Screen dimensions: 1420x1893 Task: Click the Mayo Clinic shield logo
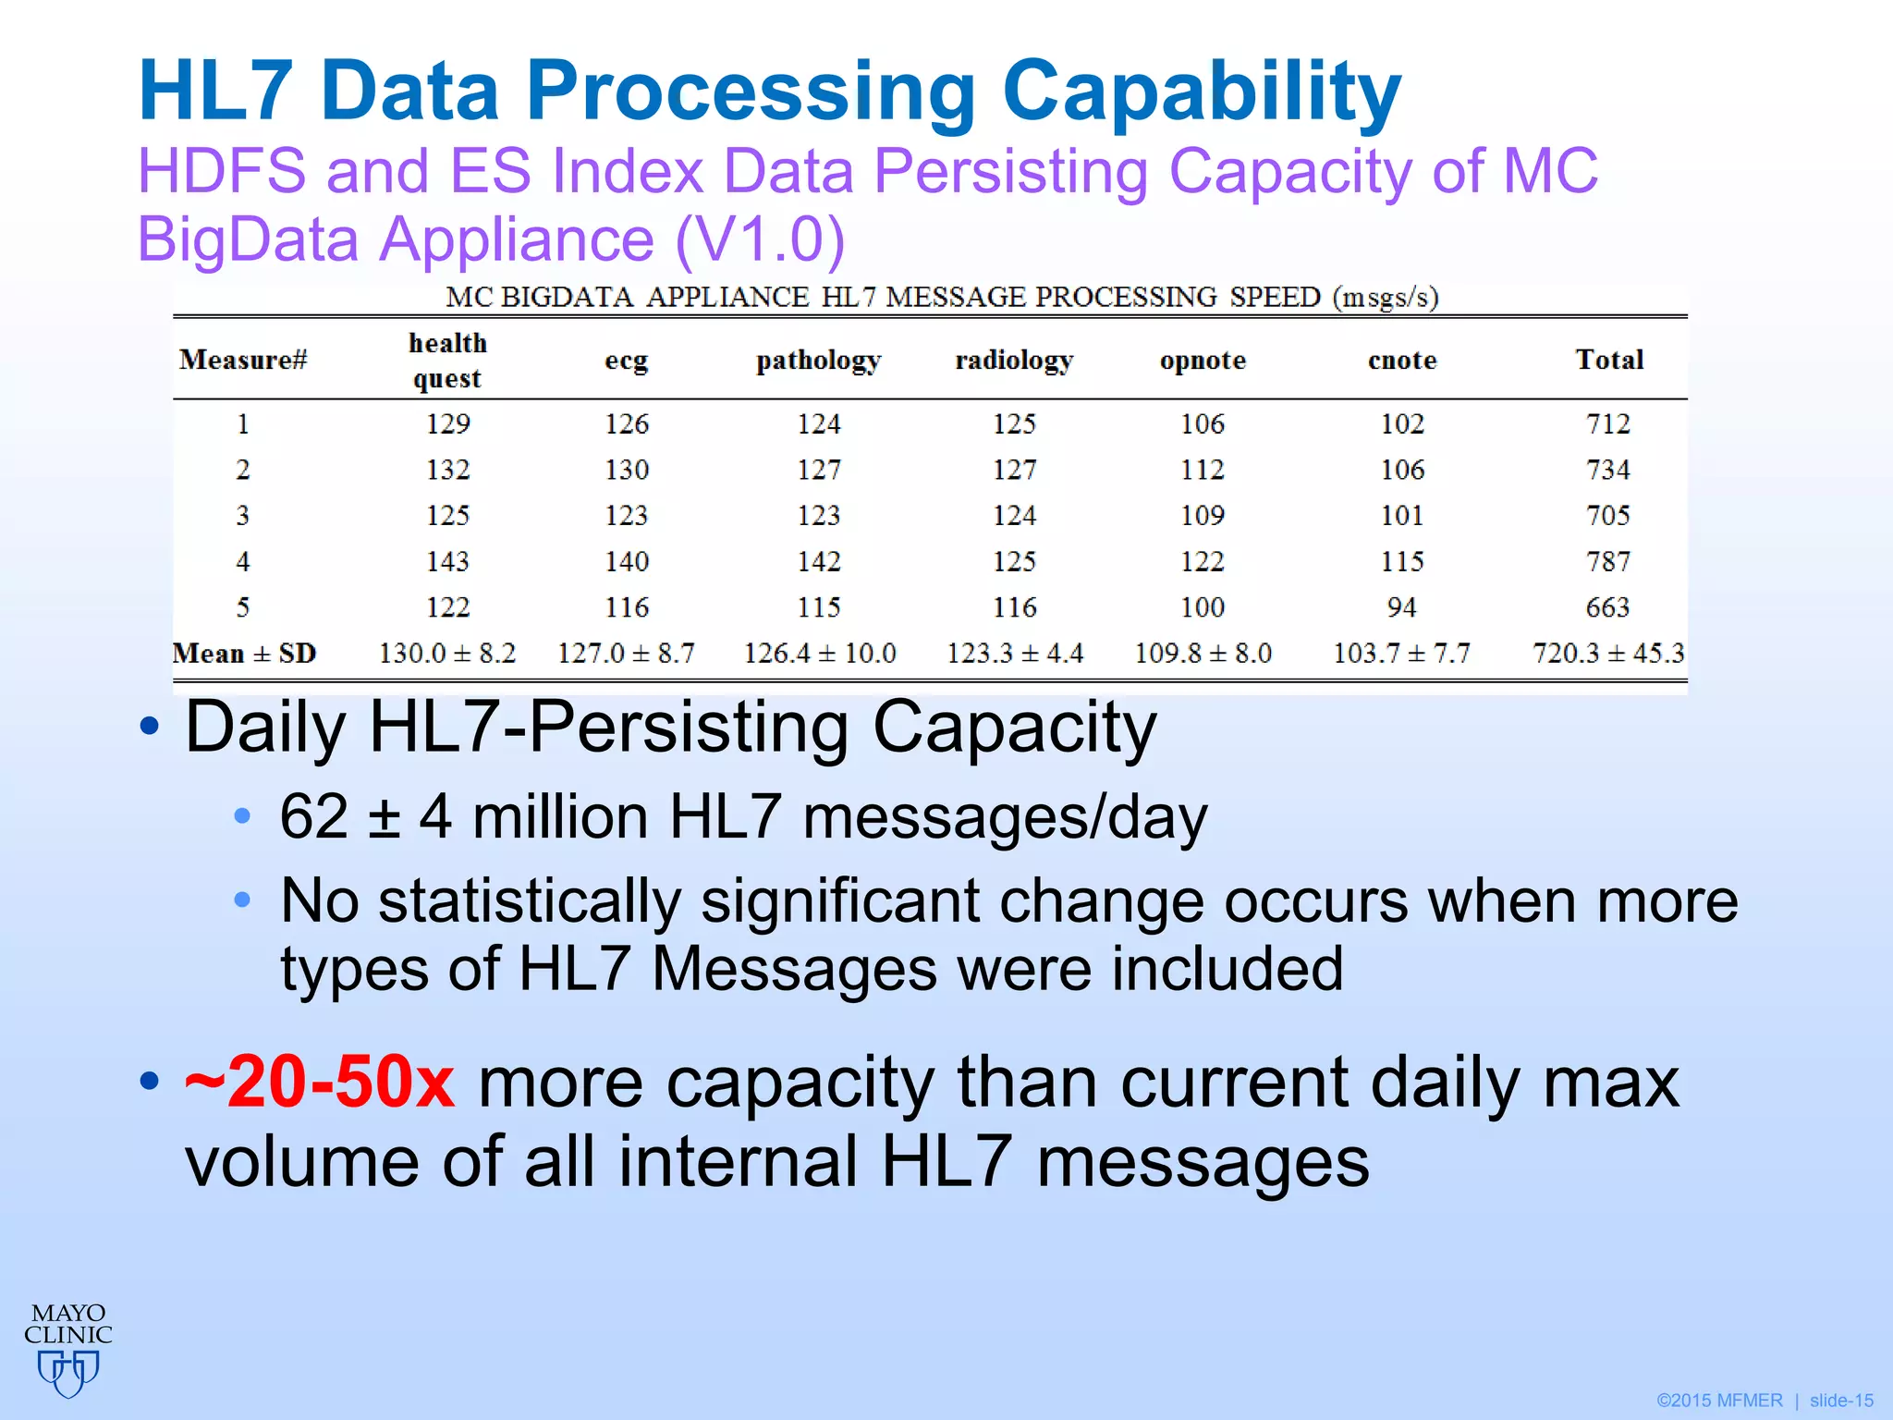[x=68, y=1372]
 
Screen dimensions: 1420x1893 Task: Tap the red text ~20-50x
[x=320, y=1081]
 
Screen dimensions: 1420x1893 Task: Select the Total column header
[x=1609, y=360]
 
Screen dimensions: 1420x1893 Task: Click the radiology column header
[x=1014, y=360]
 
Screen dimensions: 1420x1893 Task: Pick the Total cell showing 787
[x=1608, y=561]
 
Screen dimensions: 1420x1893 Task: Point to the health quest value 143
[x=448, y=561]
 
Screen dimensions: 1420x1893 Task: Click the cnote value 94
[x=1401, y=607]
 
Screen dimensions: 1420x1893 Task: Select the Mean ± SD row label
[x=245, y=654]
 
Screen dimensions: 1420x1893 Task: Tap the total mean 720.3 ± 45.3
[x=1608, y=654]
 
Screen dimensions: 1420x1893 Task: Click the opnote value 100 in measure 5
[x=1203, y=607]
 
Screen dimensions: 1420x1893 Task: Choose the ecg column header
[x=627, y=360]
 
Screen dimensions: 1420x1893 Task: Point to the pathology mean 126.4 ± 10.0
[x=820, y=654]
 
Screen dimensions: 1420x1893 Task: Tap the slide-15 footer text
[x=1841, y=1401]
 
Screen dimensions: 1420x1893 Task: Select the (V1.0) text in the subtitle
[x=760, y=239]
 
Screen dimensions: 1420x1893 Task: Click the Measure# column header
[x=243, y=360]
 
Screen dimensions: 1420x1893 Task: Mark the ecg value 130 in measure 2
[x=627, y=470]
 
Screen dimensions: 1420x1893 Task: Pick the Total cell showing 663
[x=1608, y=607]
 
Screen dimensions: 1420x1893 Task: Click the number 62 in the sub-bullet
[x=314, y=816]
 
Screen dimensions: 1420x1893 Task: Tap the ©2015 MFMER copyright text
[x=1719, y=1401]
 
